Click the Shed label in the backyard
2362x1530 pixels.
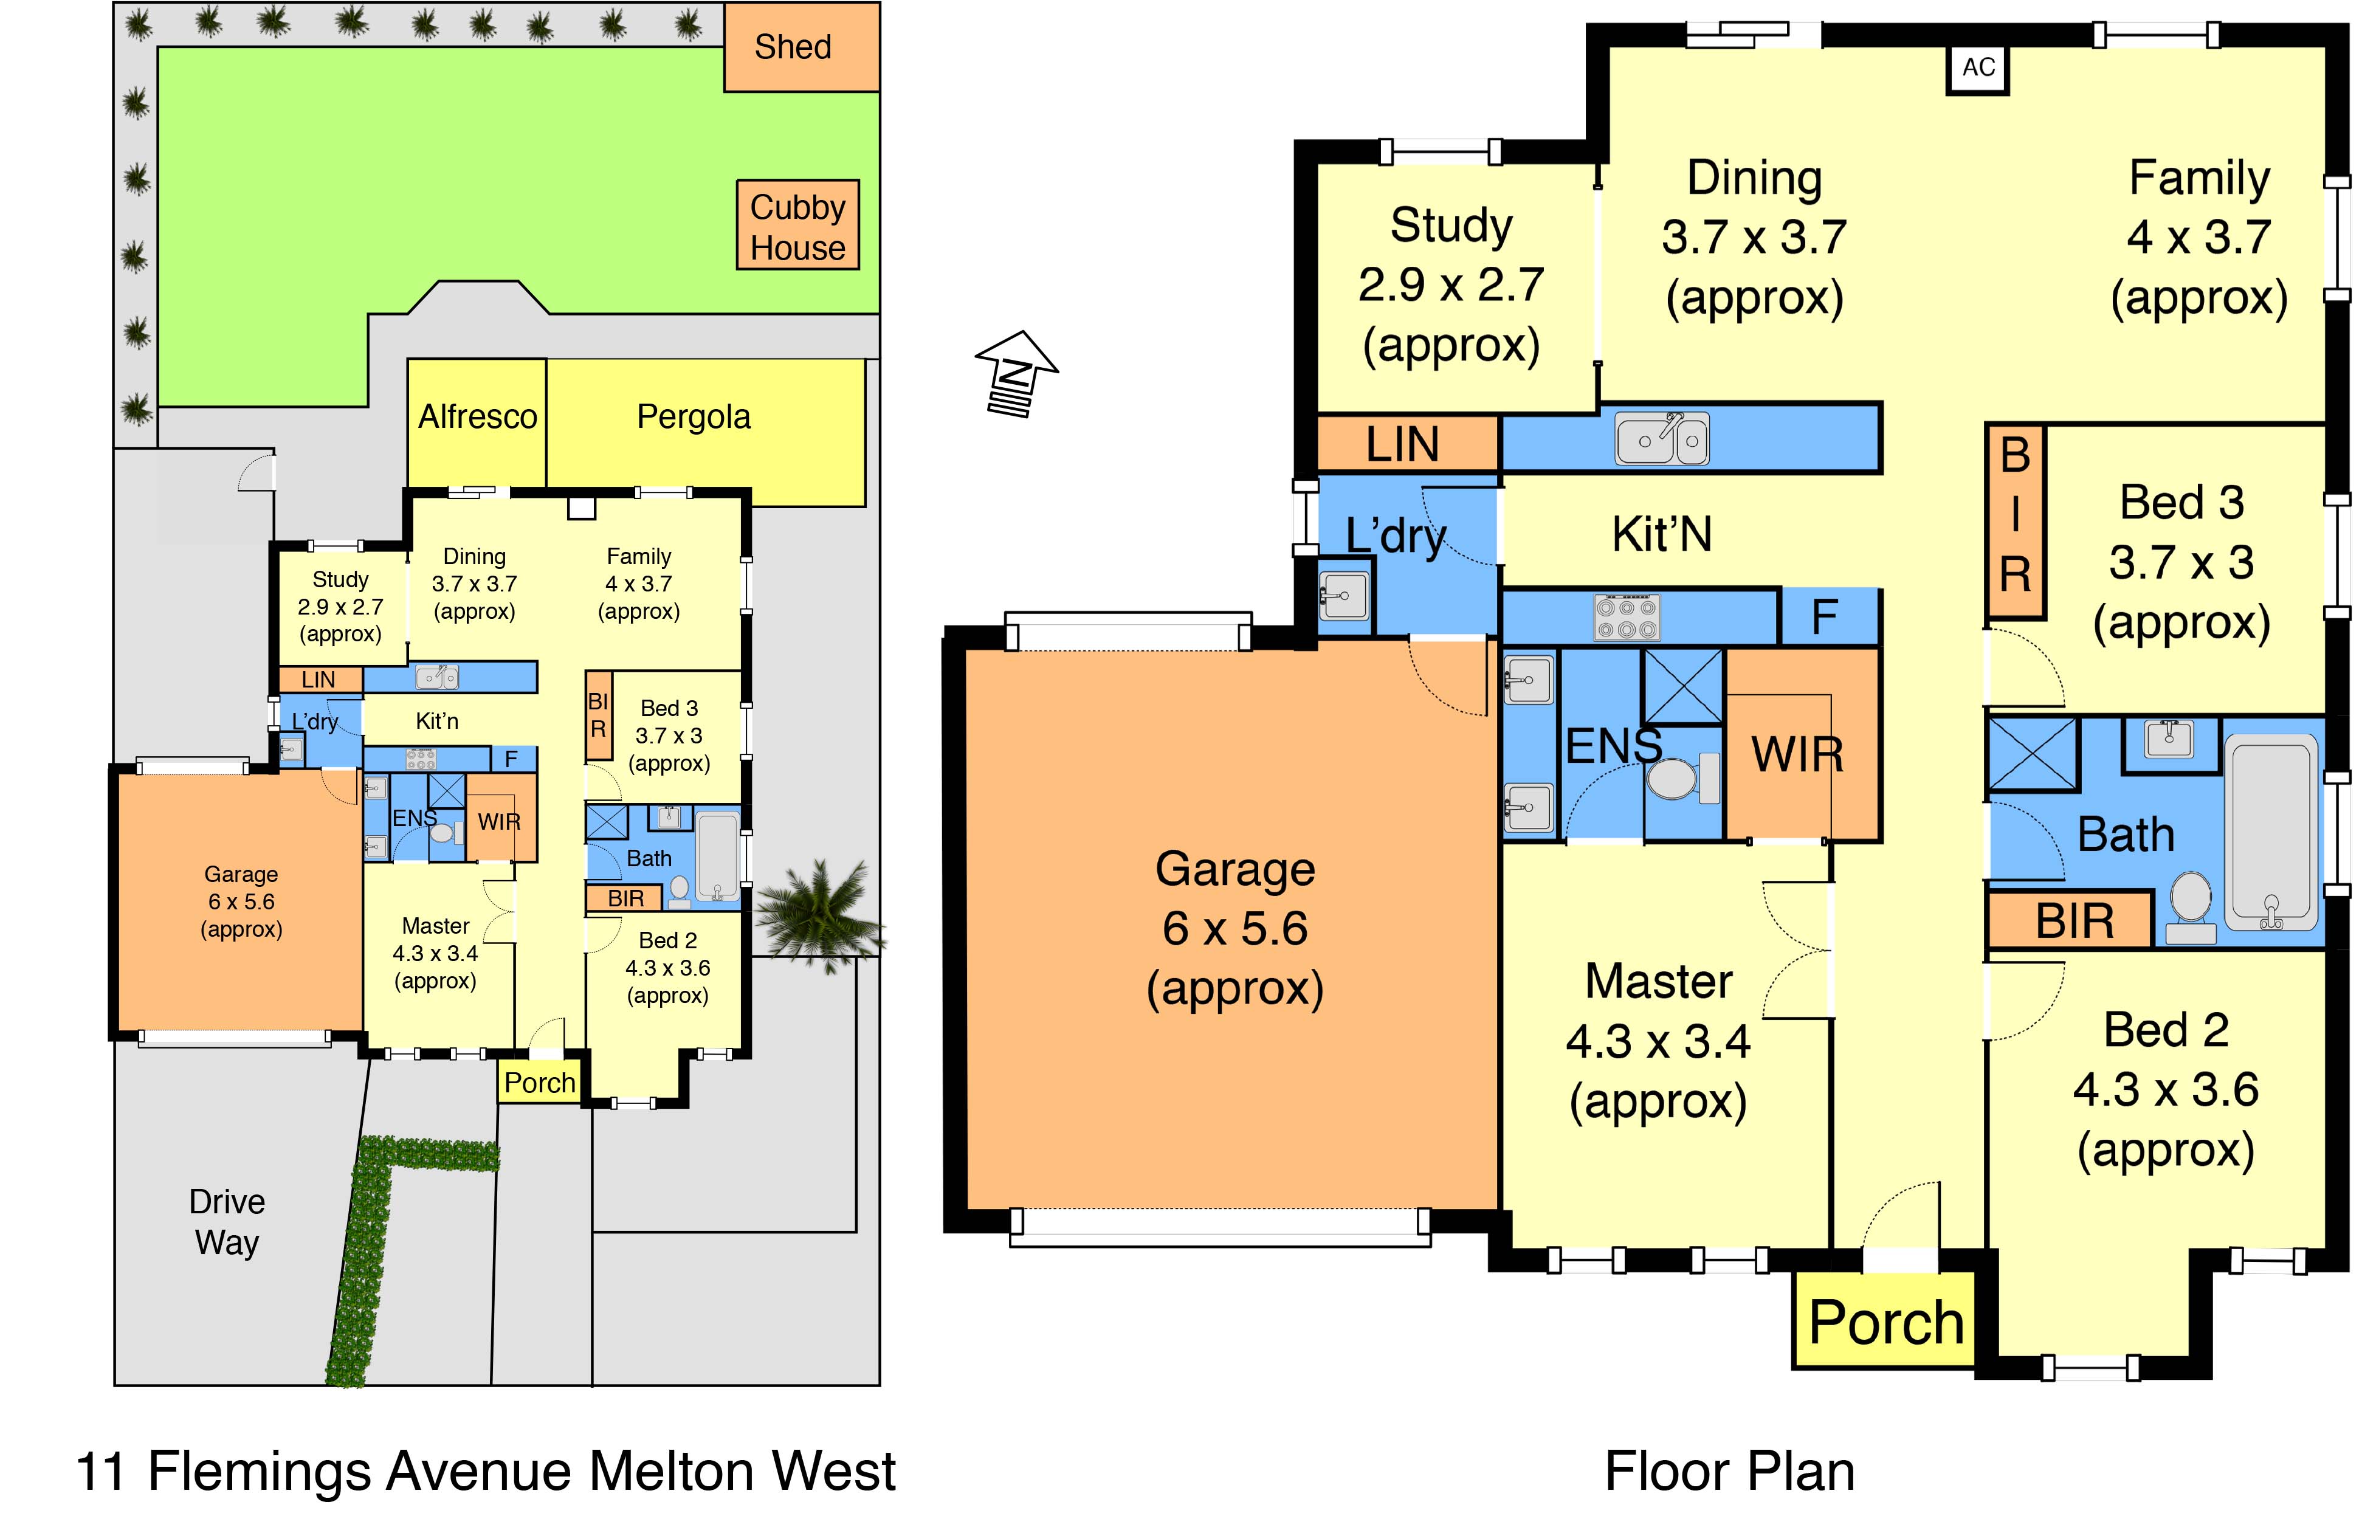793,47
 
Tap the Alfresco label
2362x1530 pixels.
477,417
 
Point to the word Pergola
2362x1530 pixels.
694,417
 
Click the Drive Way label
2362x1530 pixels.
227,1221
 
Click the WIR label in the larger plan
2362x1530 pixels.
1797,755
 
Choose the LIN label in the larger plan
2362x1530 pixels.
1402,444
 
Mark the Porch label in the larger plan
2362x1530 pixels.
1885,1323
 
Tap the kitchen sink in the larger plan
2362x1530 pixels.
1662,438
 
